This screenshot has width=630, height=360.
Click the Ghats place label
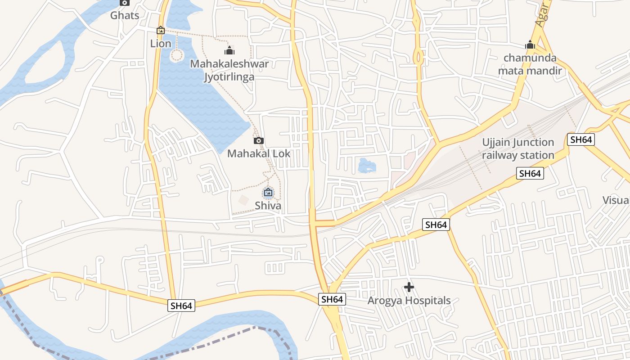tap(125, 15)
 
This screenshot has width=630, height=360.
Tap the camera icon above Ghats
tap(125, 3)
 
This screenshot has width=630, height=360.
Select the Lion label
tap(161, 44)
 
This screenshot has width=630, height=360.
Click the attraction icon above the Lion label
tap(161, 31)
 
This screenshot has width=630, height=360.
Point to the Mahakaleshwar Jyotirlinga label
tap(229, 70)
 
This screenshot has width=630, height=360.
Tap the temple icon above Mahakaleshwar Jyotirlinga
tap(229, 50)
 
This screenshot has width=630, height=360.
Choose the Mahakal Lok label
tap(259, 153)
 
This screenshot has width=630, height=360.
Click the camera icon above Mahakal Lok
tap(259, 140)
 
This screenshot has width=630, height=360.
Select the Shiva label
tap(268, 206)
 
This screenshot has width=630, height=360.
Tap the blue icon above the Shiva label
tap(268, 193)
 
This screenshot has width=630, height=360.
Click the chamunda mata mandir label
tap(530, 64)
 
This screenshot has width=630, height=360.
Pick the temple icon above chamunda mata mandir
tap(530, 45)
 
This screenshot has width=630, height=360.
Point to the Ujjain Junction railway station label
tap(518, 149)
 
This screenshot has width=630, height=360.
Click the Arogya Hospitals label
tap(409, 300)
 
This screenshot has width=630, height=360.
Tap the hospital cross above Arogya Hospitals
tap(409, 287)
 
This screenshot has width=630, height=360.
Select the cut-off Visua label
tap(616, 200)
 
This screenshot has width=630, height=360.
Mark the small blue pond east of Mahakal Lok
tap(366, 166)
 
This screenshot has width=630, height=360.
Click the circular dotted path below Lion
tap(177, 56)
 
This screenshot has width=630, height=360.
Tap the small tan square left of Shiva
tap(243, 200)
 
